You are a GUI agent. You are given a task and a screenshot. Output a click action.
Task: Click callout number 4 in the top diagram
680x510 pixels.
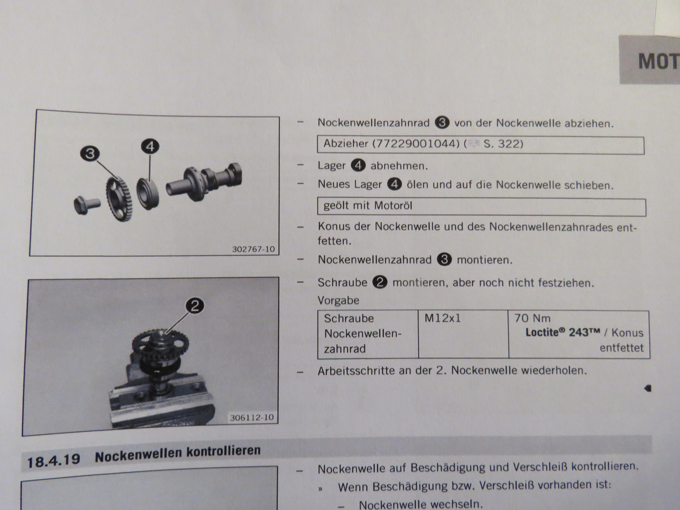(x=150, y=147)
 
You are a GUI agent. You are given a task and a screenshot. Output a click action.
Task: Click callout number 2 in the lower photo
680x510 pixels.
(x=195, y=306)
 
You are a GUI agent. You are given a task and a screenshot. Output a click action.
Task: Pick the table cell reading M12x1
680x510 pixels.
(x=443, y=318)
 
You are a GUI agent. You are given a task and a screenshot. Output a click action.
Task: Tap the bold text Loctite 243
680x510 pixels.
(x=562, y=332)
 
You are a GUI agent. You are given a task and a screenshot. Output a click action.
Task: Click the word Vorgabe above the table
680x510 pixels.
(x=338, y=300)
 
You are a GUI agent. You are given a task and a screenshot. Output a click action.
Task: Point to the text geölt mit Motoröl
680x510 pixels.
(x=368, y=206)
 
